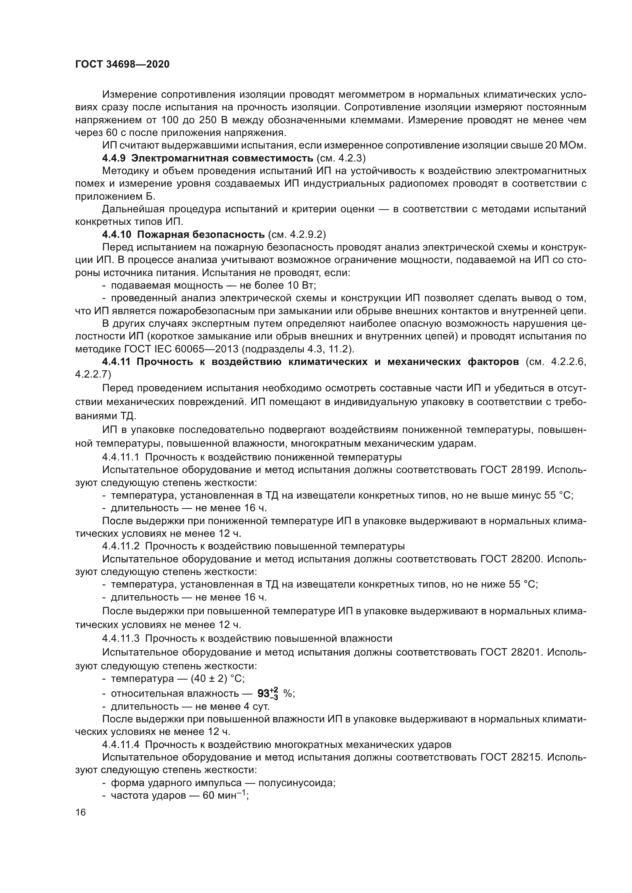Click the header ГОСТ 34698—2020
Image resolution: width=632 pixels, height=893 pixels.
click(122, 65)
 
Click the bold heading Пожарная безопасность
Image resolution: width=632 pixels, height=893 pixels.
click(201, 234)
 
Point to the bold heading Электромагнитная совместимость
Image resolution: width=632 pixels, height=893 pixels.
click(222, 158)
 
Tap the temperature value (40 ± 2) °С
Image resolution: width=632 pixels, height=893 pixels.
click(217, 679)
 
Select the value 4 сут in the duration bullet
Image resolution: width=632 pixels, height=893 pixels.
click(255, 706)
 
